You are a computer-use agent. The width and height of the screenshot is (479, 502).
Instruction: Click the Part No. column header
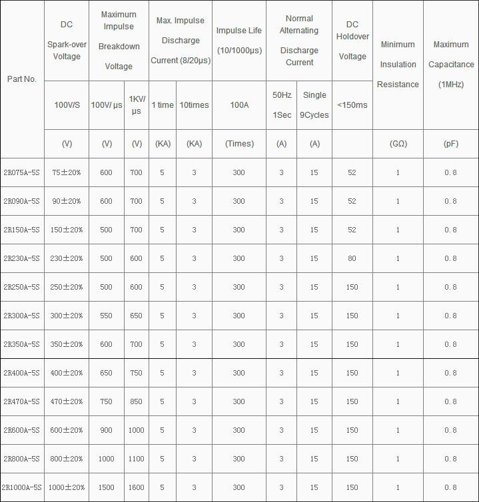coord(21,79)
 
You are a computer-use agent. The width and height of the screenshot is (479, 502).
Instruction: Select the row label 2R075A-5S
coord(21,172)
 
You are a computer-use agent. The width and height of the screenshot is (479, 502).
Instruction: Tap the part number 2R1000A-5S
coord(22,487)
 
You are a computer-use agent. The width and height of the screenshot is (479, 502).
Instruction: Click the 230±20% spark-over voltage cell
coord(67,258)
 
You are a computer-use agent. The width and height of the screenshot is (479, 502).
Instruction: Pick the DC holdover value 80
coord(352,258)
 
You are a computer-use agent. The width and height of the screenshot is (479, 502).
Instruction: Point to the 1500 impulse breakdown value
coord(106,487)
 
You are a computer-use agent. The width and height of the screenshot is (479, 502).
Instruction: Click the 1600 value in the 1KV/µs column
coord(136,487)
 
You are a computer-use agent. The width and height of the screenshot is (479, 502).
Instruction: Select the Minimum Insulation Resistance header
coord(398,65)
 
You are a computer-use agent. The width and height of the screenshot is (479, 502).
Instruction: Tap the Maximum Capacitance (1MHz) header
coord(451,65)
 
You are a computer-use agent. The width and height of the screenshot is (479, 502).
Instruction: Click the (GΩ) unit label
coord(398,144)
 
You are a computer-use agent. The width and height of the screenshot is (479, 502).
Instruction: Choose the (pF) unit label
coord(451,144)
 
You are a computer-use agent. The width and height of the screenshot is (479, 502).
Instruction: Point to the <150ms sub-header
coord(352,105)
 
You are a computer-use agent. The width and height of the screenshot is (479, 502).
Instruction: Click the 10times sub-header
coord(194,105)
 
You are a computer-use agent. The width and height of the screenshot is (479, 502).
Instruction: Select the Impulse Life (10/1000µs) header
coord(239,40)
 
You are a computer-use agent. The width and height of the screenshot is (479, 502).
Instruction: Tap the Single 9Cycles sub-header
coord(314,105)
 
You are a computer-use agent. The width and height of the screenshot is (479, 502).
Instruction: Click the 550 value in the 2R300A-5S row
coord(106,316)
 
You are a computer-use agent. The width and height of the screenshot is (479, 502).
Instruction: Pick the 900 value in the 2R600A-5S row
coord(106,430)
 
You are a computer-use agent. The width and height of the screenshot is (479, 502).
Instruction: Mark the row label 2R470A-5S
coord(21,401)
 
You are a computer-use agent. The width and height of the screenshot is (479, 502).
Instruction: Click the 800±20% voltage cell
coord(67,459)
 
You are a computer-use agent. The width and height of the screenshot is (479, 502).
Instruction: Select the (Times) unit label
coord(239,144)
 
